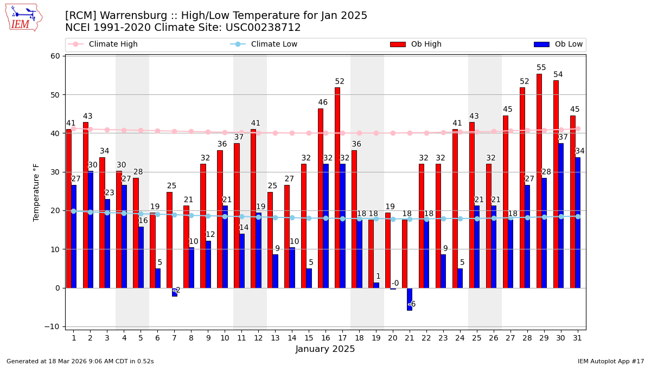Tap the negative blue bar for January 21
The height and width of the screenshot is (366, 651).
coord(410,299)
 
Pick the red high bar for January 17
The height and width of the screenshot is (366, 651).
coord(337,187)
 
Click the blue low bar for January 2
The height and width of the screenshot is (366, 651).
coord(91,229)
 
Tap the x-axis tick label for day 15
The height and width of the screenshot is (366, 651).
coord(309,338)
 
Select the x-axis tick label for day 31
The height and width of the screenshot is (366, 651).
coord(578,338)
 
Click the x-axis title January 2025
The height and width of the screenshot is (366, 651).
coord(325,349)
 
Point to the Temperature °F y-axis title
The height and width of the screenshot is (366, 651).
coord(36,192)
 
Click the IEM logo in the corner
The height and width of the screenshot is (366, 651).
coord(23,17)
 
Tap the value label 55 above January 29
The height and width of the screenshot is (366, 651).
coord(541,68)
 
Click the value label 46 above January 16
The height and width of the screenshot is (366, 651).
coord(323,102)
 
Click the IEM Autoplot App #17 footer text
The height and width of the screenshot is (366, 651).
coord(611,361)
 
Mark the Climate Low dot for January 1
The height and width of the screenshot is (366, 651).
coord(73,211)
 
